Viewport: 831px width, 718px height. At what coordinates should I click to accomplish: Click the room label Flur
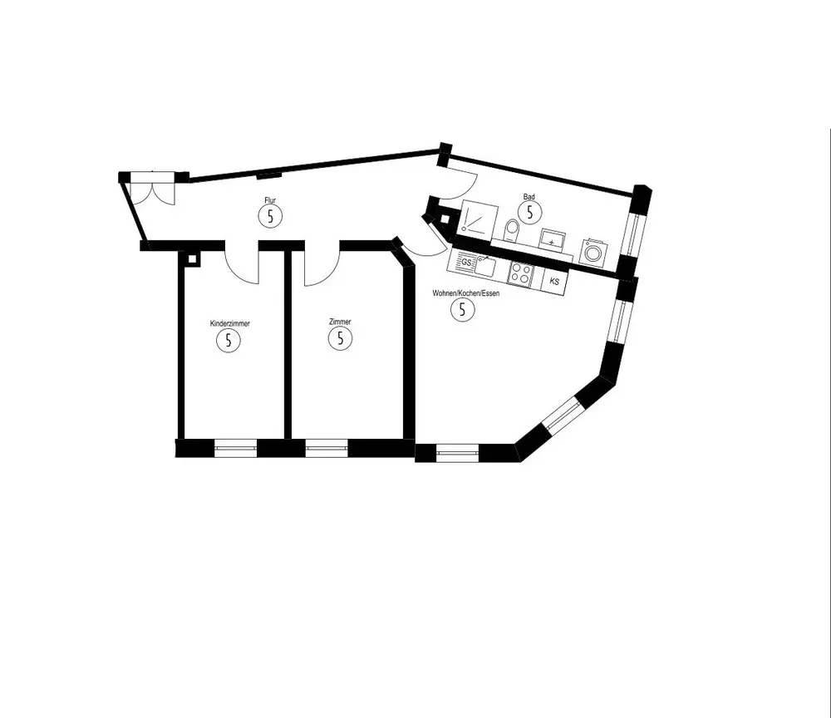[270, 201]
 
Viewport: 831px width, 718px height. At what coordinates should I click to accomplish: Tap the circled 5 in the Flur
[270, 216]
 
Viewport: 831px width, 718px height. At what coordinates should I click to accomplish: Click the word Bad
[529, 197]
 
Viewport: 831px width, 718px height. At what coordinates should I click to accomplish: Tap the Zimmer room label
[340, 322]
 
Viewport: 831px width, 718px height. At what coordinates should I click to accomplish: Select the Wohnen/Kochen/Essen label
[465, 293]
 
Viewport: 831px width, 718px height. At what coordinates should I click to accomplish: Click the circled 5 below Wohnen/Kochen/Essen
[462, 309]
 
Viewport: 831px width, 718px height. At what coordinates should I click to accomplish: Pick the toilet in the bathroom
[512, 229]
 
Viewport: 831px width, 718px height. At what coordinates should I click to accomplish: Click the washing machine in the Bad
[593, 250]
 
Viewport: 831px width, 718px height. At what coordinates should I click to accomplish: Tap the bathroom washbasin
[553, 239]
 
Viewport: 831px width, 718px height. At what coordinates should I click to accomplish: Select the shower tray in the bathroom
[477, 219]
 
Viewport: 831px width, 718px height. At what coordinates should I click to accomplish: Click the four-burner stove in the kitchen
[522, 273]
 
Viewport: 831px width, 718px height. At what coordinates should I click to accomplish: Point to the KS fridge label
[554, 282]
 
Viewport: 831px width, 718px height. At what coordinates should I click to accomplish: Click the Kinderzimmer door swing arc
[242, 268]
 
